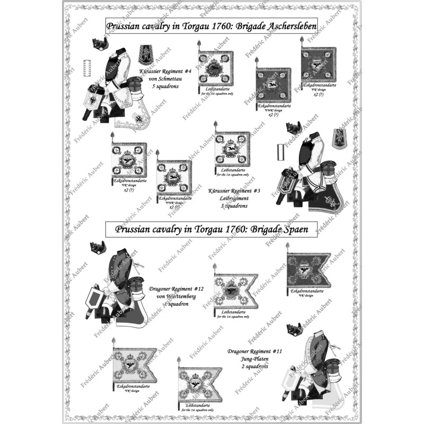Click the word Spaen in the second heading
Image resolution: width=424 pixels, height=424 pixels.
pyautogui.click(x=298, y=229)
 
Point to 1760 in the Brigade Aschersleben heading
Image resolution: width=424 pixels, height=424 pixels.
pyautogui.click(x=211, y=25)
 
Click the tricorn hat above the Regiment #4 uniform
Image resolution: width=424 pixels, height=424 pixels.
pyautogui.click(x=97, y=42)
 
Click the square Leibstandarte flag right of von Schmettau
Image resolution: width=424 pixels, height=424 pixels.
pyautogui.click(x=216, y=68)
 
